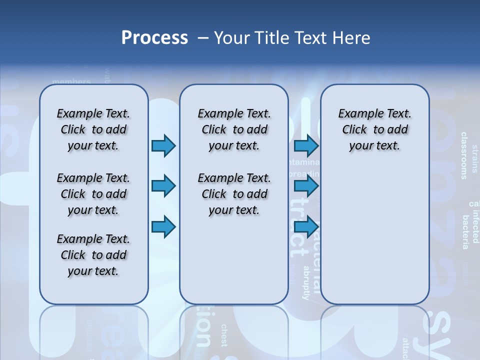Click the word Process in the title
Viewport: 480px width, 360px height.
point(154,38)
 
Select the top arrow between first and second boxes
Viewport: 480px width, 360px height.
point(163,146)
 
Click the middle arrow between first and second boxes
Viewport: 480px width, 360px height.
point(163,186)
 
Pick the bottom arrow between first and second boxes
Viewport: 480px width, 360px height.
point(163,227)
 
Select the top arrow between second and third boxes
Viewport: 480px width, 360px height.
point(306,146)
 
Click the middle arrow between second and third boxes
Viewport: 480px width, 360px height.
point(306,186)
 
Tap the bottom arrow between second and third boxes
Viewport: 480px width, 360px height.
point(306,227)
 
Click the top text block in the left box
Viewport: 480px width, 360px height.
point(93,130)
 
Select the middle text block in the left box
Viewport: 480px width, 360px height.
point(93,194)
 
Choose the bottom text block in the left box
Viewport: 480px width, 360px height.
point(93,255)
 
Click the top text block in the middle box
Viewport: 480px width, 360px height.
point(234,130)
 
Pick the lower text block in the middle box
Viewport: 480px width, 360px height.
point(234,194)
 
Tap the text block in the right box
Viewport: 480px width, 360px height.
point(374,130)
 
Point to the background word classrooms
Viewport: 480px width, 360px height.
point(464,155)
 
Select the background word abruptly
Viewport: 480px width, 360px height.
point(306,282)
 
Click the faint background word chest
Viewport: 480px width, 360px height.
point(224,335)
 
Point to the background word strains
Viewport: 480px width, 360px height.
point(474,158)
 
